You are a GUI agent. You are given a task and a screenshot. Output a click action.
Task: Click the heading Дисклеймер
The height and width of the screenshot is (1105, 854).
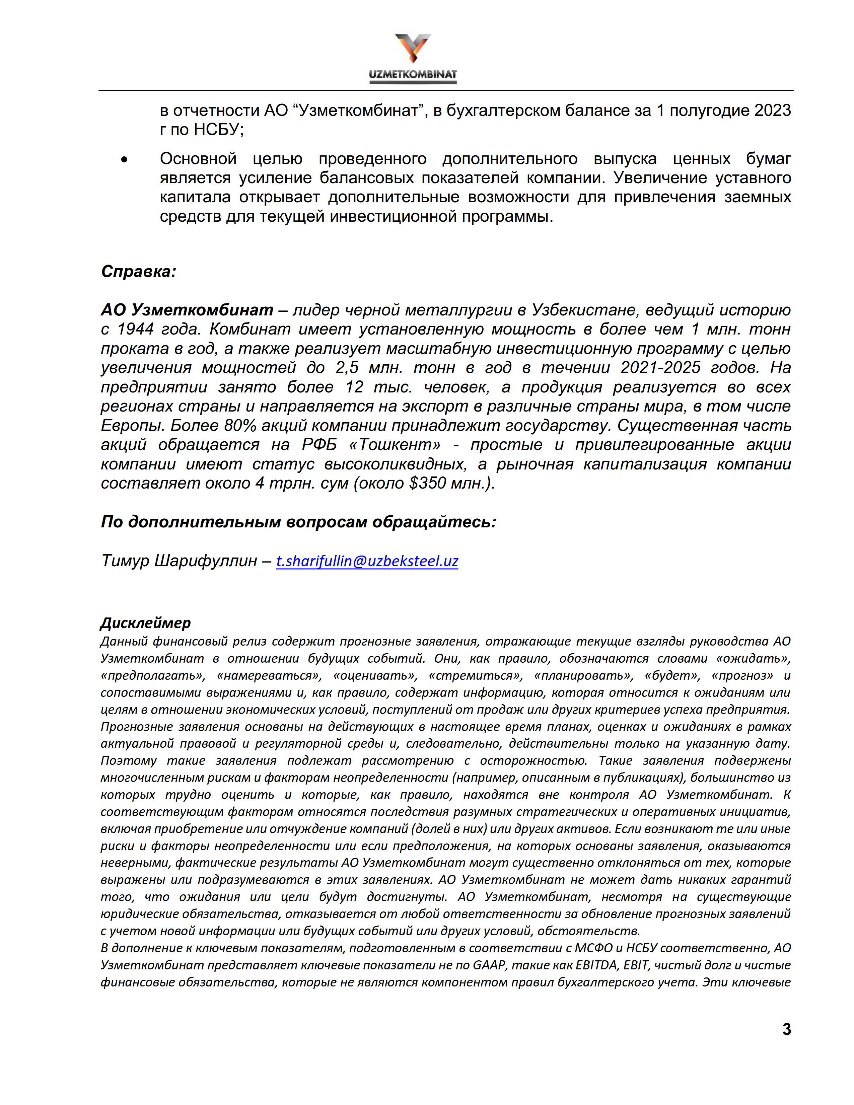pyautogui.click(x=146, y=622)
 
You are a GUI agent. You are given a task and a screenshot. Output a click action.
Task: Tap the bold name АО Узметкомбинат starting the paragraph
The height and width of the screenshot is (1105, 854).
pyautogui.click(x=187, y=310)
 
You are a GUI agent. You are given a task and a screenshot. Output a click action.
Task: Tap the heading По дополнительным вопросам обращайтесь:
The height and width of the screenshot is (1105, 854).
pyautogui.click(x=298, y=522)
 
